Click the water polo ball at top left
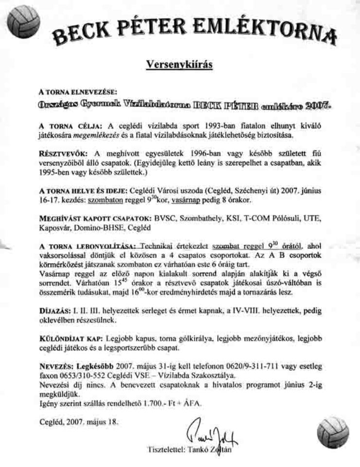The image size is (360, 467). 21,22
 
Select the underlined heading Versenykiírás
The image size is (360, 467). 180,66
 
